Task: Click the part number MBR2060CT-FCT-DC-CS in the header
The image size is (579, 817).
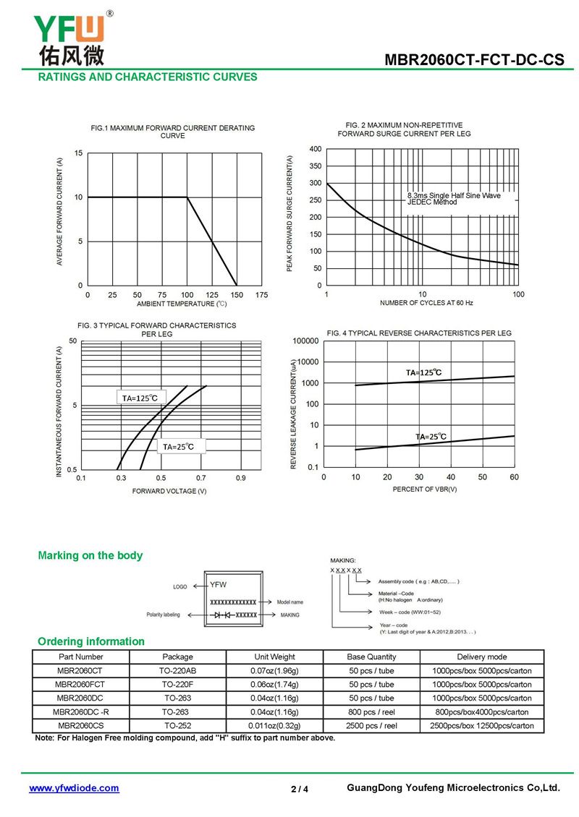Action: [474, 59]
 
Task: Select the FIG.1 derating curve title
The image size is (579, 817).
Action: [173, 132]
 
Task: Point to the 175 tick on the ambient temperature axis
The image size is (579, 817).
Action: [261, 295]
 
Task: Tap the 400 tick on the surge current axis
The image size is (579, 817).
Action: [316, 149]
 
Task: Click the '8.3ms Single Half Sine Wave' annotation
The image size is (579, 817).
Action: [454, 195]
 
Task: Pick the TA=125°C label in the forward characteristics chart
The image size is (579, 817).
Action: [140, 398]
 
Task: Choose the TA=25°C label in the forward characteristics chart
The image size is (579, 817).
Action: [178, 447]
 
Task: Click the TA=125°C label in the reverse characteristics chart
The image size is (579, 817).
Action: [423, 372]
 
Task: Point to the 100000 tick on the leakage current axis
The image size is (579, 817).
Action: [305, 341]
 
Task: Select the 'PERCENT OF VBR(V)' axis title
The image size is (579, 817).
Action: [425, 489]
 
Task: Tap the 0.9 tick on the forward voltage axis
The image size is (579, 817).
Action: [240, 478]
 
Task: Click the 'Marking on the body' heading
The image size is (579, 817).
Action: [90, 555]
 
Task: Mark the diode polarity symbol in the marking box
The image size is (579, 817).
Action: [221, 615]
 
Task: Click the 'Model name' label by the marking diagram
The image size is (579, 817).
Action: [290, 602]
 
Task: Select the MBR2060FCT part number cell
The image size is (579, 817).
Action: [80, 684]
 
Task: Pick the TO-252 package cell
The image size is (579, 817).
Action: [178, 725]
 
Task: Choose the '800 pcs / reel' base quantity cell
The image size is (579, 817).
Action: [371, 711]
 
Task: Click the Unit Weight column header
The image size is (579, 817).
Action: [274, 656]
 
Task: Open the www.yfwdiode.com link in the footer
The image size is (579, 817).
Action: [74, 788]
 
